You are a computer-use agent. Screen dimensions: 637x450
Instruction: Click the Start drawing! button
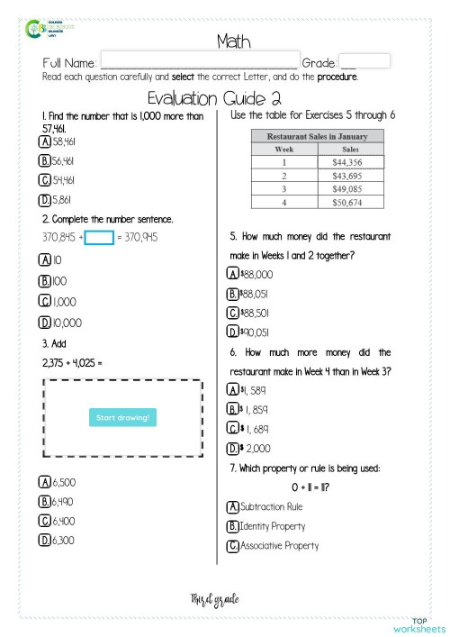[122, 417]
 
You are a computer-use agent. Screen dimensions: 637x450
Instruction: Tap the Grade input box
[364, 61]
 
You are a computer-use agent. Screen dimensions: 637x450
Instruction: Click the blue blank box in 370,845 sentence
[100, 238]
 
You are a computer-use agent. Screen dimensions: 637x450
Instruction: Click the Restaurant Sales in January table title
[318, 135]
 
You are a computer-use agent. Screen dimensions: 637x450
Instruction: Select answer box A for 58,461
[45, 141]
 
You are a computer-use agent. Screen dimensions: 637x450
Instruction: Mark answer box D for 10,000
[45, 323]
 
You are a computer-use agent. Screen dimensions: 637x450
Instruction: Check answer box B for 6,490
[45, 502]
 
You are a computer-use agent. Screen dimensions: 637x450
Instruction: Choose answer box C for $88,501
[233, 313]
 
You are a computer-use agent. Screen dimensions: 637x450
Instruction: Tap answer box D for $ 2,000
[233, 448]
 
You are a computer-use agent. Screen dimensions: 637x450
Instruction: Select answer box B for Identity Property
[233, 526]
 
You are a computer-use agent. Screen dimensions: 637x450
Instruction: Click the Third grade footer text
[214, 598]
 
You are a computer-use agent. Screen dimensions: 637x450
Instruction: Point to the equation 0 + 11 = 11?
[310, 487]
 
